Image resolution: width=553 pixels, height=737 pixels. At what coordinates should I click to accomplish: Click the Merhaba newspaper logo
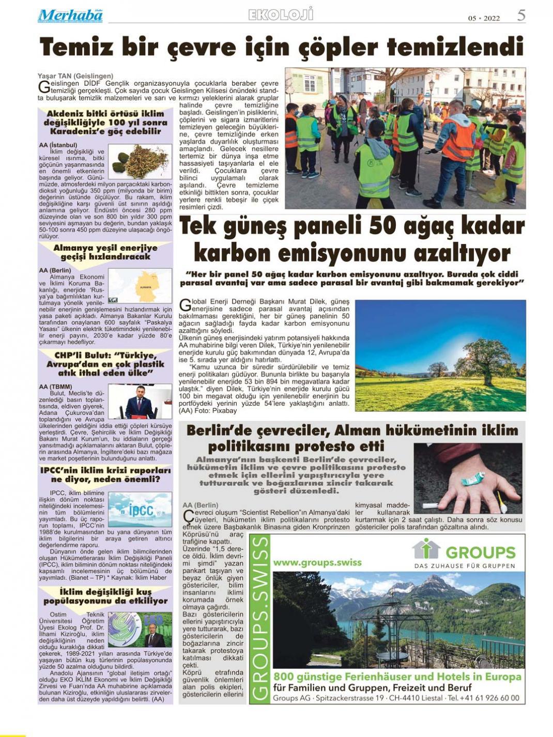(x=70, y=16)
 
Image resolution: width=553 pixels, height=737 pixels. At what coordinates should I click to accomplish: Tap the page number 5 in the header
(x=521, y=16)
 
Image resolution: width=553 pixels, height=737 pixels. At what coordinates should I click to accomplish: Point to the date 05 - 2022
(x=484, y=18)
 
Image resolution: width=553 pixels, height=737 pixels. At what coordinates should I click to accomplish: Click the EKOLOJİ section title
(x=281, y=15)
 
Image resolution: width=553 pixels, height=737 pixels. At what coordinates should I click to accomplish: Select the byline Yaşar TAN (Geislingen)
(x=75, y=76)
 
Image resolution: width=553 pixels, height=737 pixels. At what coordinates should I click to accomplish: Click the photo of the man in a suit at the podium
(x=140, y=401)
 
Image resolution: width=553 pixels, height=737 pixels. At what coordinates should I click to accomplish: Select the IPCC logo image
(x=140, y=510)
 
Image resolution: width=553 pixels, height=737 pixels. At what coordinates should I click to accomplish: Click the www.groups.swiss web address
(x=317, y=562)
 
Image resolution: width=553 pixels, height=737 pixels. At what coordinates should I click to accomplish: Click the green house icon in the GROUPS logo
(x=426, y=549)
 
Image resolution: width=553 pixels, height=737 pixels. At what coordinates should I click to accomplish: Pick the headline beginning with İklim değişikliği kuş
(x=105, y=596)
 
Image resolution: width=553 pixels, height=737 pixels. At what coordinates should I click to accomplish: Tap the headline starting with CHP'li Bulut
(x=105, y=364)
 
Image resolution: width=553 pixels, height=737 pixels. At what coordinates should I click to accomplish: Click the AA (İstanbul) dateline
(x=58, y=145)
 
